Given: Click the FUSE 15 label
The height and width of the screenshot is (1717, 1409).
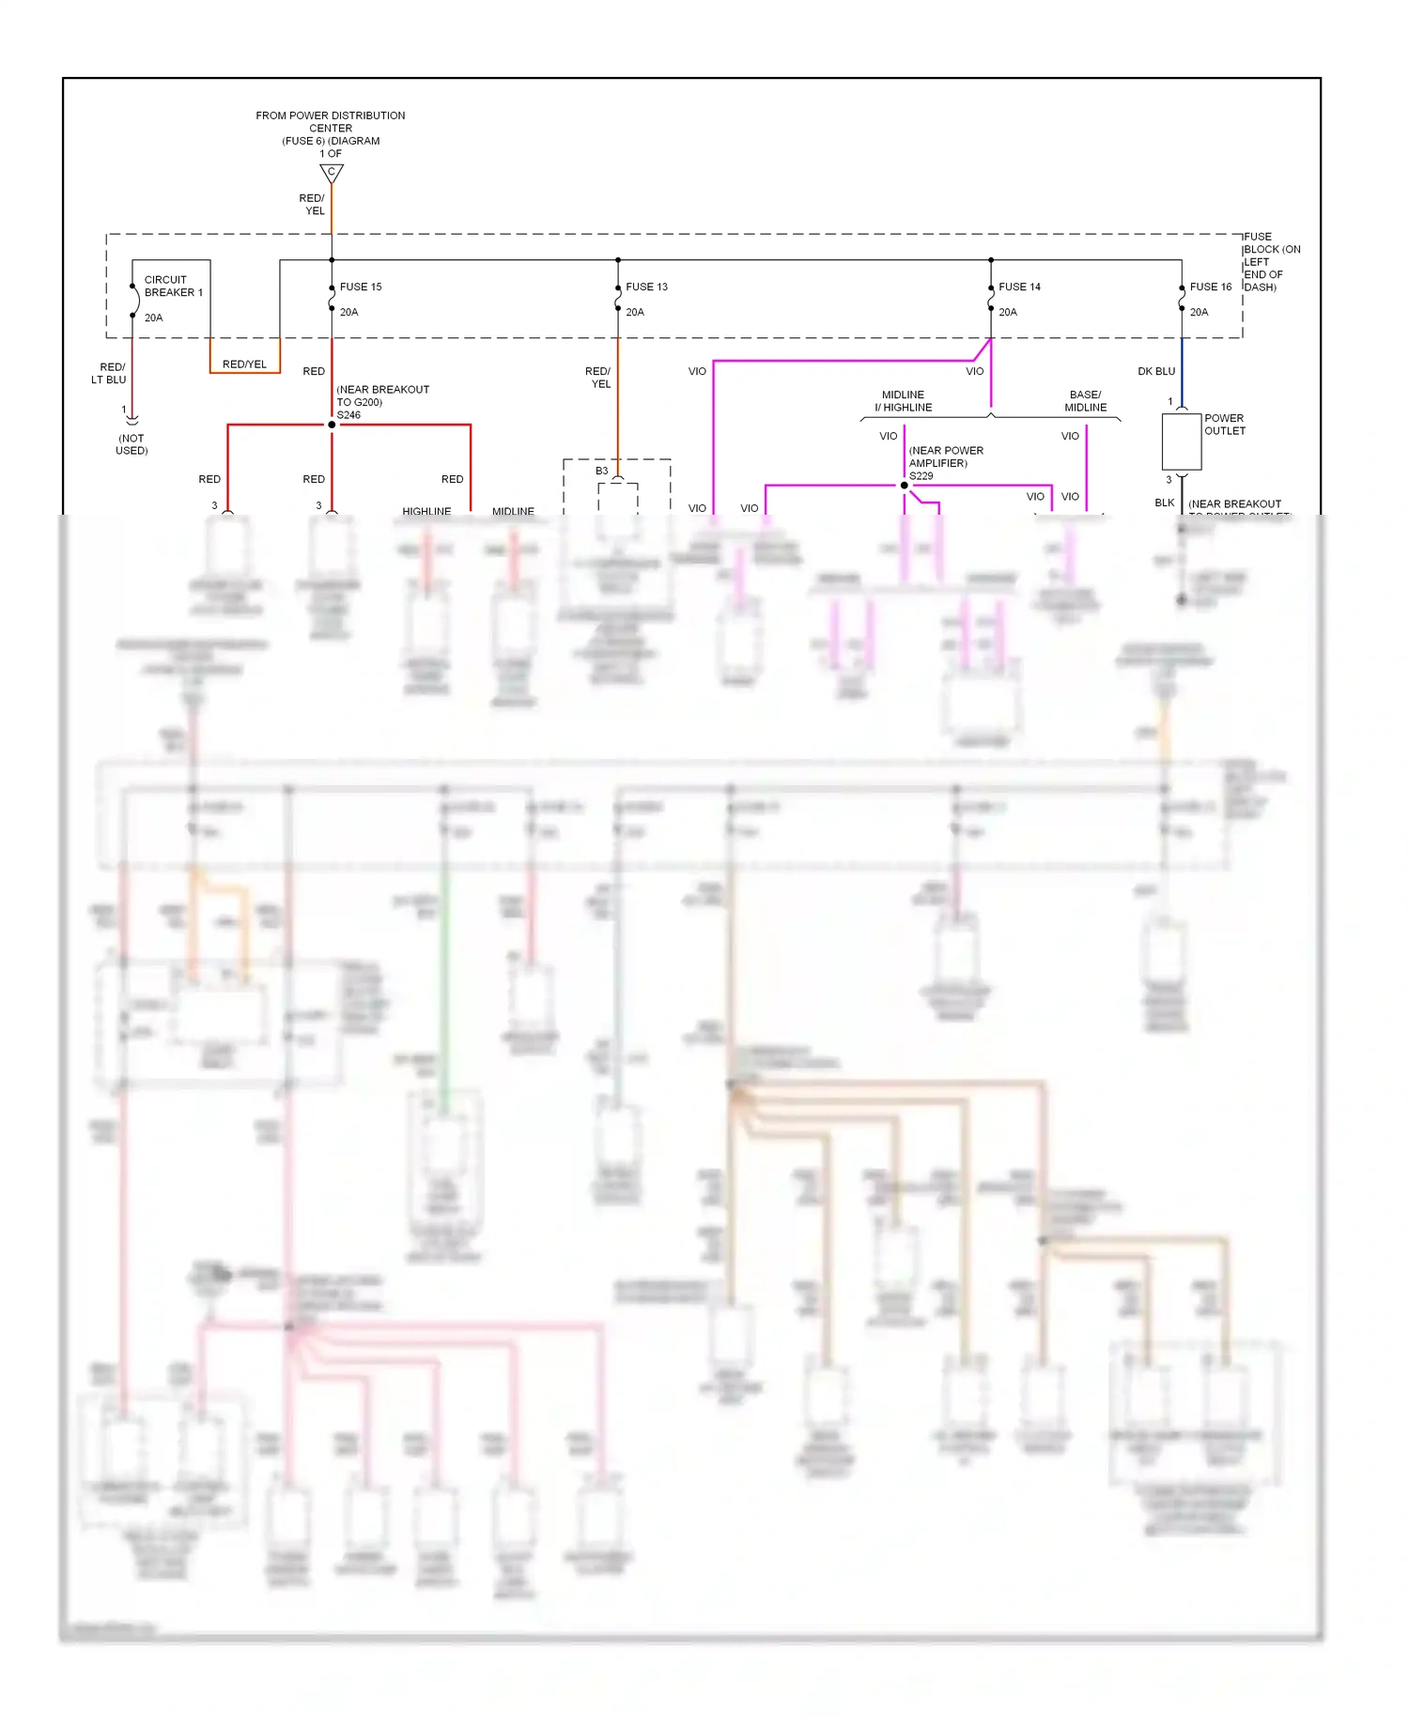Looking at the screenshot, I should [361, 286].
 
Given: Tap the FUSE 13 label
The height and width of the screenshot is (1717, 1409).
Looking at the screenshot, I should [646, 286].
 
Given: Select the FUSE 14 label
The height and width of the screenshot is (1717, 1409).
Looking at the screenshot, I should [1019, 286].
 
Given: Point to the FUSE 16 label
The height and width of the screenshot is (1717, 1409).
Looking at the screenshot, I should [1210, 286].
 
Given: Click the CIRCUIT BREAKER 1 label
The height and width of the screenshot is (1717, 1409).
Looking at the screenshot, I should [173, 286].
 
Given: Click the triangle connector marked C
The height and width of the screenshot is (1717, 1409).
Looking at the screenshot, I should [332, 173].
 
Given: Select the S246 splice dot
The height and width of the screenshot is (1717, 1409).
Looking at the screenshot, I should [332, 425].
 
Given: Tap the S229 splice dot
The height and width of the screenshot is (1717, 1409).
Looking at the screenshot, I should [905, 486].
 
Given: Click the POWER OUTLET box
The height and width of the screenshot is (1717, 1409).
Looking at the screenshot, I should [1182, 441].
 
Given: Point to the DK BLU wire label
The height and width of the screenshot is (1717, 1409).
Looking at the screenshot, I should [1156, 371].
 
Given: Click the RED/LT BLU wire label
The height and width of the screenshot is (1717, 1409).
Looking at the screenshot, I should [109, 373].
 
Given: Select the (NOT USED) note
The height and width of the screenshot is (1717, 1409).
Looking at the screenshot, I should [132, 444].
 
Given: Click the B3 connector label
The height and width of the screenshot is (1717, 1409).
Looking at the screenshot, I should [601, 471].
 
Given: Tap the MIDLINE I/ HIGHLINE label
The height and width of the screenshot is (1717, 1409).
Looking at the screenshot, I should [903, 401].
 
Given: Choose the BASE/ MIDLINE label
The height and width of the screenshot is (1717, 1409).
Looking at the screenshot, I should [1085, 401].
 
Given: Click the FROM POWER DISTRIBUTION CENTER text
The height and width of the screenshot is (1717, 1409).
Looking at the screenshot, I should [331, 121].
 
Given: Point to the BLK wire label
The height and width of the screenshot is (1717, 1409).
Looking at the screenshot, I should [1164, 503].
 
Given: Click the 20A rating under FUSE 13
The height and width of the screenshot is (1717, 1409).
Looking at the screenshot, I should [635, 312].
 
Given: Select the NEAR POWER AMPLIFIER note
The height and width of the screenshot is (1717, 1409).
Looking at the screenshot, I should [945, 456].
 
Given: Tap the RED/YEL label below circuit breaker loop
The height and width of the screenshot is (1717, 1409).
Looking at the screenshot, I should [244, 364].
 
